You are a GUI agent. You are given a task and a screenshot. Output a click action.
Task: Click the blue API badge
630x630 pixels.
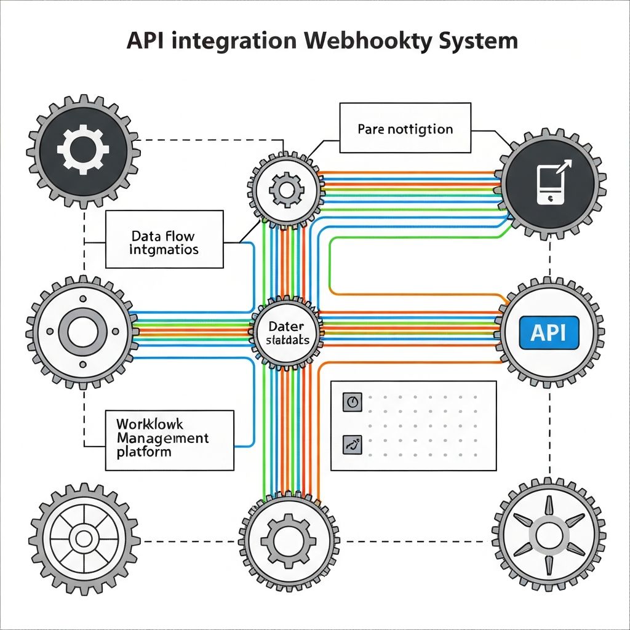549,333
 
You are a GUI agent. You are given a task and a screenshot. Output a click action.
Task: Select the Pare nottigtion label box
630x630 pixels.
405,129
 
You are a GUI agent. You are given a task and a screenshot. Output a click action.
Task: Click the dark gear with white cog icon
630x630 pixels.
82,148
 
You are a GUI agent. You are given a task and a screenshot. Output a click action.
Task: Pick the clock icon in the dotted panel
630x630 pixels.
352,401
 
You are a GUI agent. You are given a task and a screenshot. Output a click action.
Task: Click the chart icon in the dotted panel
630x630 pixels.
352,443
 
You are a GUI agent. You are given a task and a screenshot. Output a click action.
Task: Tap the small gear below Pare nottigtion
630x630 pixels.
285,190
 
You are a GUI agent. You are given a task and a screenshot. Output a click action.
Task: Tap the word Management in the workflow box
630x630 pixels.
162,438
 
